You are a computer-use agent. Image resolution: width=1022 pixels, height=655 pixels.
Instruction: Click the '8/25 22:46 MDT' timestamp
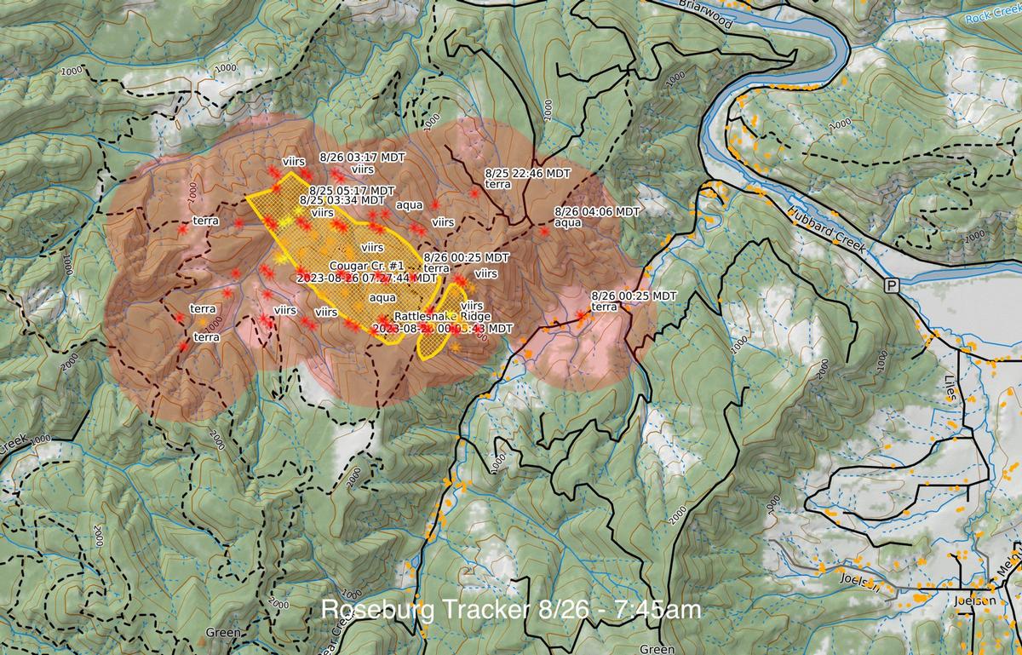pyautogui.click(x=527, y=173)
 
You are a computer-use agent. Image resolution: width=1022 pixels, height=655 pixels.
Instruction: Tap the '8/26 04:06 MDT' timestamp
pyautogui.click(x=596, y=211)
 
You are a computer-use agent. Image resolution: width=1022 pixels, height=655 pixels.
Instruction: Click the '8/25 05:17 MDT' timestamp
pyautogui.click(x=352, y=190)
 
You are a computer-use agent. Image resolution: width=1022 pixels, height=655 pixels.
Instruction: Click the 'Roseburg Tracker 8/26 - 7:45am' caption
pyautogui.click(x=511, y=610)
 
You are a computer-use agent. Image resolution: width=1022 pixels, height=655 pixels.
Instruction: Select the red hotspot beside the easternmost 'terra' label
pyautogui.click(x=582, y=316)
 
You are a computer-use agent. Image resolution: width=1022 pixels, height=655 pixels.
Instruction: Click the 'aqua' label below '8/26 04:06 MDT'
pyautogui.click(x=567, y=222)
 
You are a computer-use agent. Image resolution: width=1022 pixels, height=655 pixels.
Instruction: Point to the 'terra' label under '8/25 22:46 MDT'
pyautogui.click(x=497, y=184)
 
